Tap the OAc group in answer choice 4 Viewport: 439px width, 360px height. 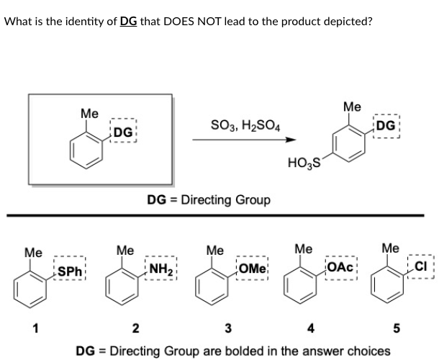pos(339,267)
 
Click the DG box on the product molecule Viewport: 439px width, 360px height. pos(385,125)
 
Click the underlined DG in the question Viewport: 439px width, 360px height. pos(129,20)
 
